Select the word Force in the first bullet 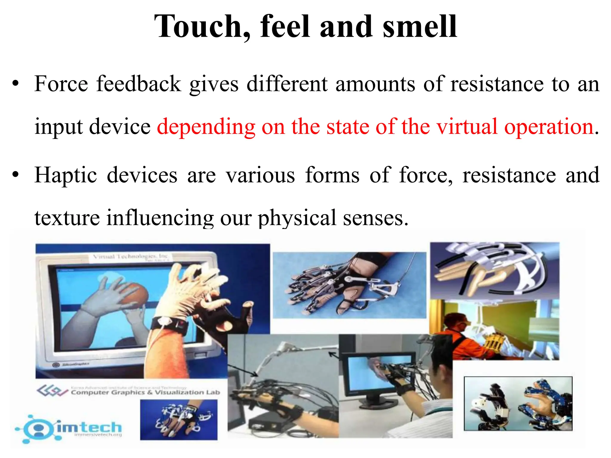[61, 84]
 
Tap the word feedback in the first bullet [138, 84]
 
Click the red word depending [206, 127]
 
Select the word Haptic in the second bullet [66, 175]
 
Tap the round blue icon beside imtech [38, 429]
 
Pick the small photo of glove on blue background [179, 420]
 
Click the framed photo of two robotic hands [518, 404]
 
